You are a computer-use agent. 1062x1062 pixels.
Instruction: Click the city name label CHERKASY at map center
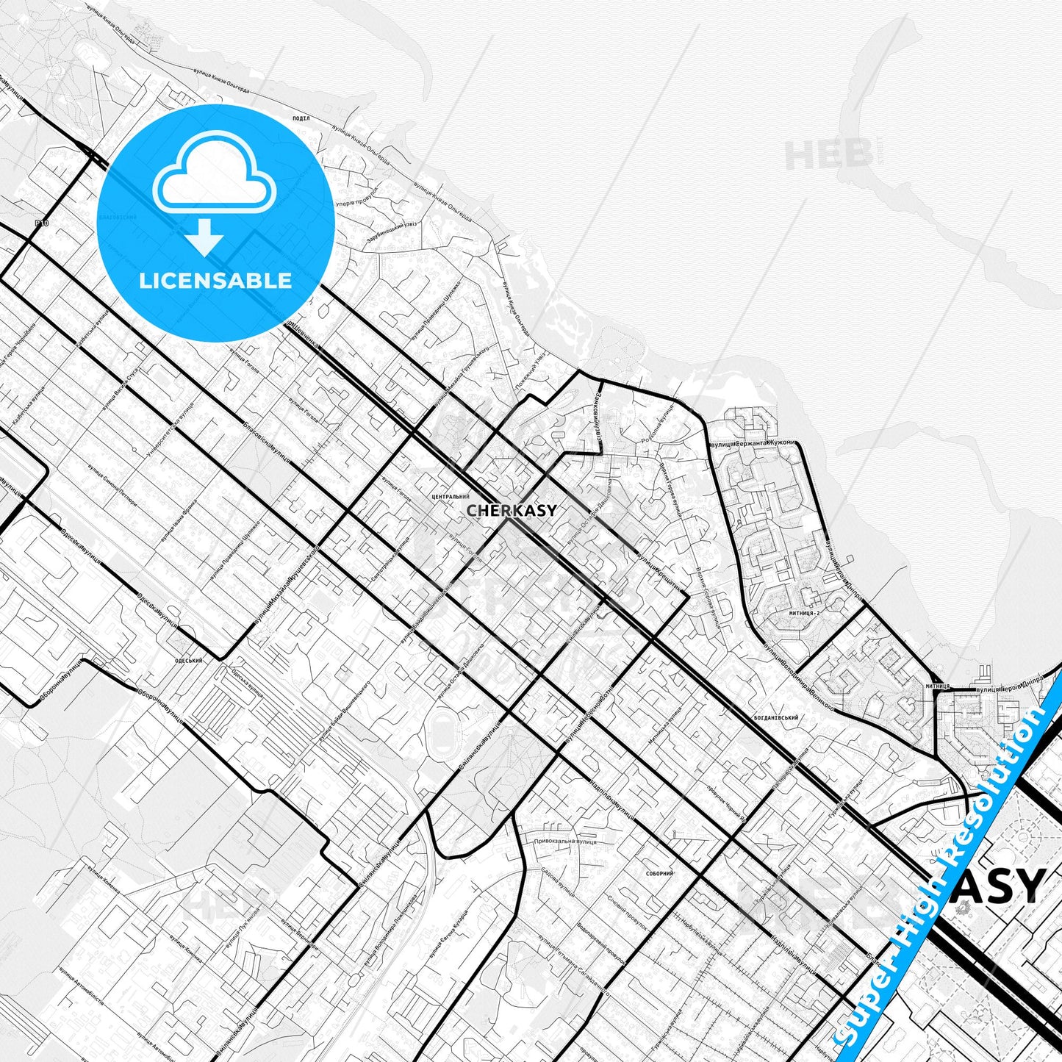(x=512, y=510)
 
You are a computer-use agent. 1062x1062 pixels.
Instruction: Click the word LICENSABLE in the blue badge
(x=215, y=281)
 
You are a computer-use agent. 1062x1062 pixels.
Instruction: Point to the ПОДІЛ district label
(x=301, y=118)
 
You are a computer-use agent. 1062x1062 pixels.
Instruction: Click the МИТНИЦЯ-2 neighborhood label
(x=803, y=612)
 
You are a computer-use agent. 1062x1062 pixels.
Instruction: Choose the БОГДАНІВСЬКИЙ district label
(x=775, y=717)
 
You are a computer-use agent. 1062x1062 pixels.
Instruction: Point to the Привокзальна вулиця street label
(x=565, y=841)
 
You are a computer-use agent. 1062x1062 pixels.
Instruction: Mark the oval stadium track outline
(x=443, y=724)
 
